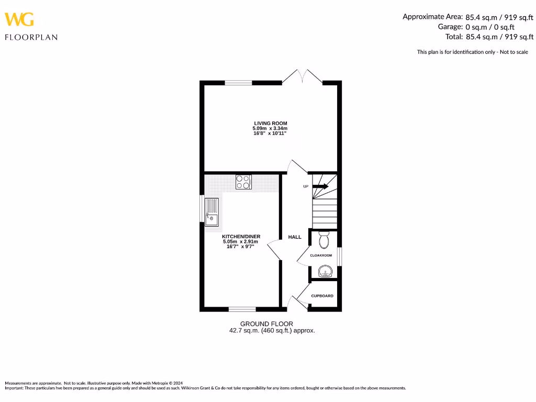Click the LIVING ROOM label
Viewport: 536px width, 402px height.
[271, 124]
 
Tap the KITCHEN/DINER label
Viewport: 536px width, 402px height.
[241, 237]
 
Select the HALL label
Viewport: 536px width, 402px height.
[295, 237]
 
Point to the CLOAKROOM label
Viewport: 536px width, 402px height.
[321, 255]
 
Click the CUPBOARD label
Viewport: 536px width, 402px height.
[322, 296]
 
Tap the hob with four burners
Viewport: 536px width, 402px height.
[243, 182]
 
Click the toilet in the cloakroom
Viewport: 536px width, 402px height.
[323, 240]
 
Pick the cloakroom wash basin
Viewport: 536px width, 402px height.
[325, 272]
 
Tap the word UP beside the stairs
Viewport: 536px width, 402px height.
[306, 186]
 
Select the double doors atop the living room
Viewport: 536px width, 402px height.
[302, 77]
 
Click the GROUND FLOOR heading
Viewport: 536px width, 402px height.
[266, 324]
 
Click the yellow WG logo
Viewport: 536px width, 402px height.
[19, 19]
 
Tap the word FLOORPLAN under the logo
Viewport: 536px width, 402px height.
[31, 37]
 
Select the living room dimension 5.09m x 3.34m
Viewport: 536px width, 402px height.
[271, 129]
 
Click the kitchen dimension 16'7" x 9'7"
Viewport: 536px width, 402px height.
[241, 247]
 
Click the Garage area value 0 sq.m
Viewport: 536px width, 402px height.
[478, 27]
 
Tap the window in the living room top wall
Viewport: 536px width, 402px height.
[238, 83]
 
